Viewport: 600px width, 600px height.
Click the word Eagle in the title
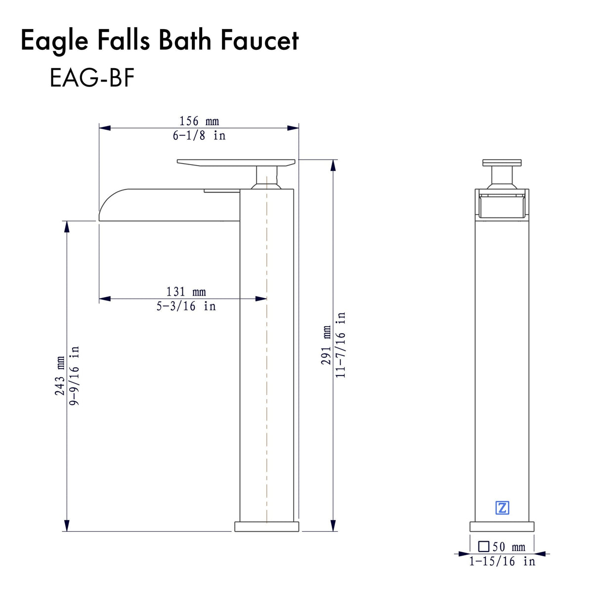tap(54, 41)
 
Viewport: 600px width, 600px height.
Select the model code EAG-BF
tap(92, 78)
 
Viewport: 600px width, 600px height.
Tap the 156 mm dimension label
tap(199, 121)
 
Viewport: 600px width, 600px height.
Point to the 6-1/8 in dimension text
tap(199, 135)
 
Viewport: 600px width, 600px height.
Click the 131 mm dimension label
tap(186, 292)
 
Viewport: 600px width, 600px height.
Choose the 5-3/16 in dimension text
tap(186, 306)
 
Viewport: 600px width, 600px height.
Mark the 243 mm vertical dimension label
tap(60, 376)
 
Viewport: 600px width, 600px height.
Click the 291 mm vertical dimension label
tap(326, 345)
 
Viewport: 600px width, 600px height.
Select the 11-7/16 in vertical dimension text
tap(341, 345)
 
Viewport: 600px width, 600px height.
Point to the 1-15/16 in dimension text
tap(502, 561)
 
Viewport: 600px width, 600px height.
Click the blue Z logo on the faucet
tap(502, 508)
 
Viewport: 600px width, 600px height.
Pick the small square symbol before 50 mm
tap(484, 546)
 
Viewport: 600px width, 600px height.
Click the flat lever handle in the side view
tap(236, 162)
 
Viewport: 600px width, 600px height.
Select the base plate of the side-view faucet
tap(266, 526)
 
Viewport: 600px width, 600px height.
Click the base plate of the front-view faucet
tap(502, 526)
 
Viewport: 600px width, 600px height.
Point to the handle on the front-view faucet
tap(502, 163)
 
